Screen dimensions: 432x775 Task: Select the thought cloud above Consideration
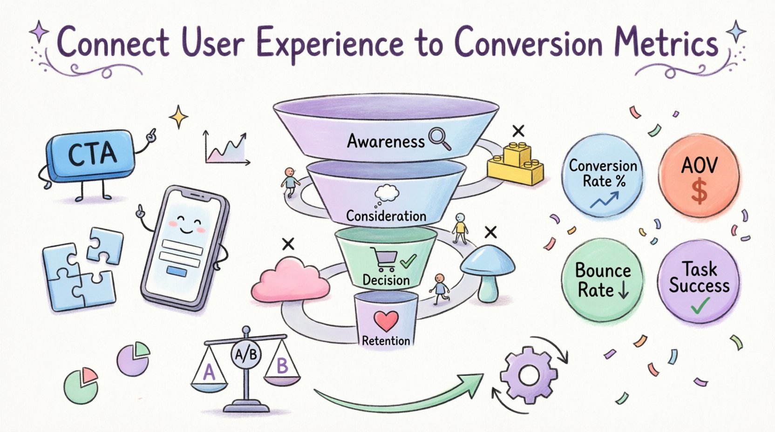pyautogui.click(x=387, y=193)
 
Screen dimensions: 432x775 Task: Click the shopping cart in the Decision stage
pyautogui.click(x=383, y=259)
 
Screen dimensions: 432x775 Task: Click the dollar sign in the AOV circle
pyautogui.click(x=699, y=192)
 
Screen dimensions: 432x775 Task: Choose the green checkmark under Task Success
pyautogui.click(x=700, y=306)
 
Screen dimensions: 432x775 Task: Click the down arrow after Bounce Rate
pyautogui.click(x=624, y=290)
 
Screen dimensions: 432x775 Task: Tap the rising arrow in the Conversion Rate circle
pyautogui.click(x=604, y=201)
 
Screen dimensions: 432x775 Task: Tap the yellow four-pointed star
pyautogui.click(x=178, y=117)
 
